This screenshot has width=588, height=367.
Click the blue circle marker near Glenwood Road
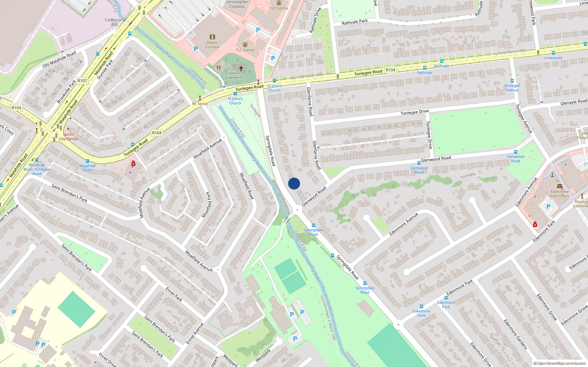pyautogui.click(x=294, y=183)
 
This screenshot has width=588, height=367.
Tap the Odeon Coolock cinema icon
pyautogui.click(x=212, y=37)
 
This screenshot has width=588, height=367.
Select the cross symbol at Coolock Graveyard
pyautogui.click(x=241, y=68)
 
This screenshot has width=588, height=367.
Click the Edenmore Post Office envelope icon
pyautogui.click(x=559, y=186)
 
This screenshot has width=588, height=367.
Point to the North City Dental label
pyautogui.click(x=68, y=137)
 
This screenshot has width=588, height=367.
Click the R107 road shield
pyautogui.click(x=82, y=81)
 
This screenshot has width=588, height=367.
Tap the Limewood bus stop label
pyautogui.click(x=553, y=58)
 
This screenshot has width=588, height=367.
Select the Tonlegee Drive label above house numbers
pyautogui.click(x=415, y=112)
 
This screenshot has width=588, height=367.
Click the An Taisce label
pyautogui.click(x=200, y=104)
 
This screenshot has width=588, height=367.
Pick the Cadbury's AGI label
pyautogui.click(x=114, y=22)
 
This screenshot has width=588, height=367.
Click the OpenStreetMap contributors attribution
pyautogui.click(x=559, y=363)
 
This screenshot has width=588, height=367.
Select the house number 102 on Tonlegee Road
pyautogui.click(x=340, y=90)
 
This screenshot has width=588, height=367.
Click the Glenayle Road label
pyautogui.click(x=574, y=102)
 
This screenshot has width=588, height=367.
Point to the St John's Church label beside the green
pyautogui.click(x=235, y=101)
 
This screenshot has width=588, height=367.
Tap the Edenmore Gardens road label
pyautogui.click(x=515, y=334)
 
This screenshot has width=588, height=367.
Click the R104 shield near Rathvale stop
pyautogui.click(x=390, y=70)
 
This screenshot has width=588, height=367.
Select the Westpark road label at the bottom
pyautogui.click(x=263, y=355)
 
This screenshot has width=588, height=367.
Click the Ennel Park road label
pyautogui.click(x=174, y=294)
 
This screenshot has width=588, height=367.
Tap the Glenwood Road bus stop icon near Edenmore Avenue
pyautogui.click(x=515, y=152)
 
